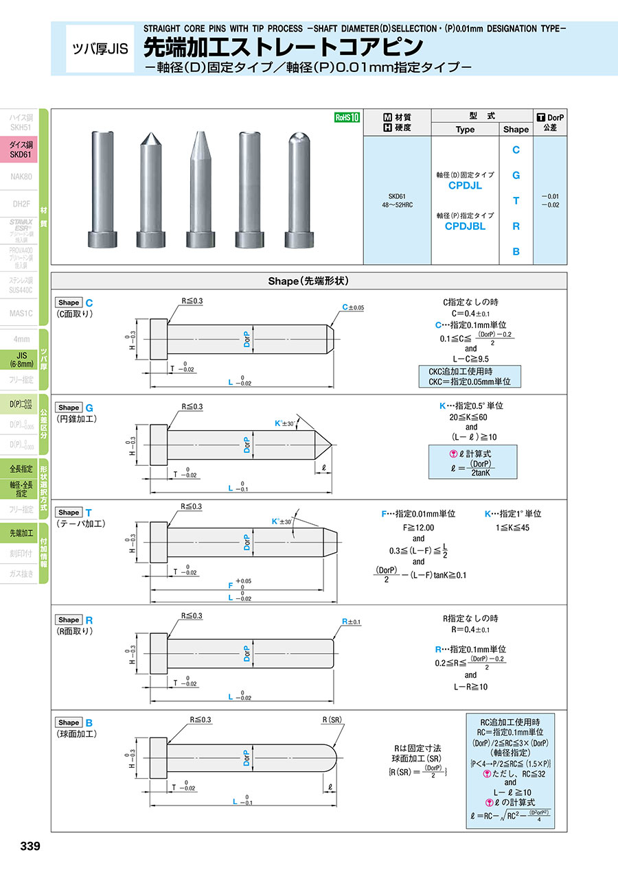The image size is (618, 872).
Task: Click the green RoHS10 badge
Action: click(x=347, y=117)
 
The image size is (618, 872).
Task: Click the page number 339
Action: click(x=31, y=846)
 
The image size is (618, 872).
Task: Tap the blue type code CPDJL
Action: click(x=465, y=185)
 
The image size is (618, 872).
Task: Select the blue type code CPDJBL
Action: click(x=465, y=226)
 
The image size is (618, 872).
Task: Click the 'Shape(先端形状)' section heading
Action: click(x=308, y=281)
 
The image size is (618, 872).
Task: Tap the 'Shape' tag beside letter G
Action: click(x=69, y=407)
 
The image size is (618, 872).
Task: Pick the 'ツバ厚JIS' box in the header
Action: click(x=100, y=49)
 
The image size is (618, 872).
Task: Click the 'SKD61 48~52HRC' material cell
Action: click(x=396, y=200)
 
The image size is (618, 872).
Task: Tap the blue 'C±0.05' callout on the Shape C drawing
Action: click(x=353, y=307)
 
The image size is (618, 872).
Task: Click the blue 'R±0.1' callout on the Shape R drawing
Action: click(x=351, y=622)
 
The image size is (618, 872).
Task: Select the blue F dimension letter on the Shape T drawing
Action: click(x=231, y=586)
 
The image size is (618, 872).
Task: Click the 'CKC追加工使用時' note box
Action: click(x=470, y=376)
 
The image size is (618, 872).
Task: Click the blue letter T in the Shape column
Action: click(x=516, y=201)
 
